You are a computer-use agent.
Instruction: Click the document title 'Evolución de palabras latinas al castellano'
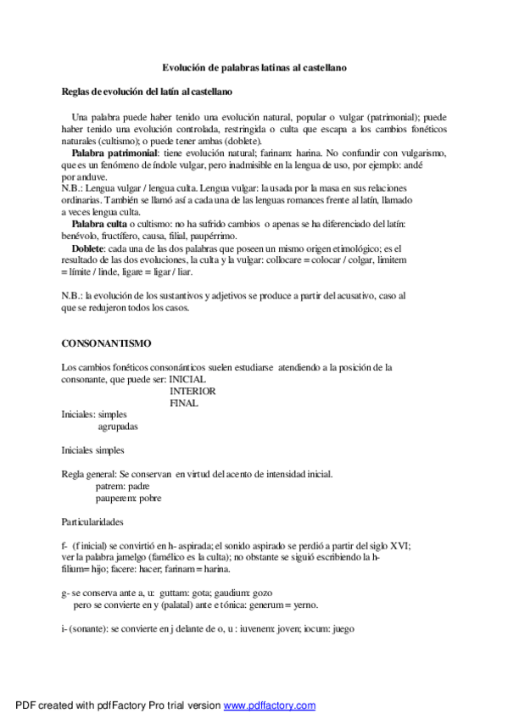click(x=254, y=66)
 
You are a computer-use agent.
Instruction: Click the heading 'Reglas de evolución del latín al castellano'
click(x=149, y=91)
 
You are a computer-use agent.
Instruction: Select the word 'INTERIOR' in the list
click(x=193, y=392)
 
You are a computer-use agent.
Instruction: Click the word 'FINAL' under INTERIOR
click(x=184, y=404)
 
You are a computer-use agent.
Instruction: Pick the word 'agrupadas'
click(x=118, y=427)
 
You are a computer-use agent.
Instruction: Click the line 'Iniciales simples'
click(x=92, y=450)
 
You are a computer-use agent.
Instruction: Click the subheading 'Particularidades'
click(x=92, y=522)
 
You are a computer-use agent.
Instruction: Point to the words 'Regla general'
click(x=88, y=474)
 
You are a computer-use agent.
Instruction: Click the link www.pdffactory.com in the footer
click(x=270, y=705)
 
